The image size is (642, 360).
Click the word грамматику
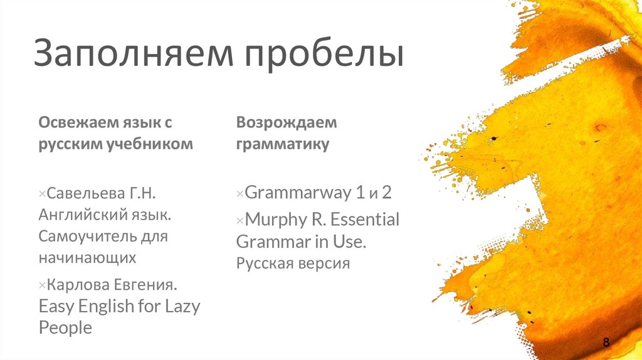[282, 144]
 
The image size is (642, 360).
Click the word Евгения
[145, 285]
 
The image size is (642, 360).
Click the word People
[65, 327]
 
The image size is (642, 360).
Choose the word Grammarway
[298, 192]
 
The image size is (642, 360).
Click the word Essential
[364, 220]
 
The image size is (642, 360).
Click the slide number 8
[606, 342]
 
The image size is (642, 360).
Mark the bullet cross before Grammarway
[239, 194]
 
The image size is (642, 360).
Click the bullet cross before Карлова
[43, 286]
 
